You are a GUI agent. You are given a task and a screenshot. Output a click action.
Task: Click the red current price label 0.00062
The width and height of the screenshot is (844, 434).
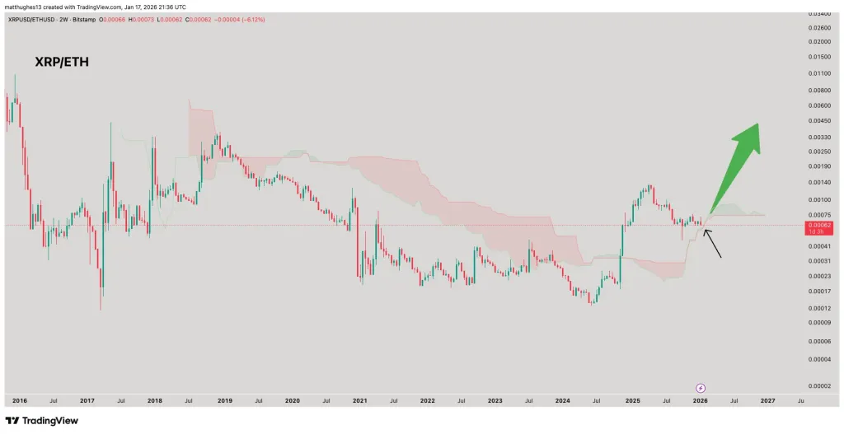click(820, 225)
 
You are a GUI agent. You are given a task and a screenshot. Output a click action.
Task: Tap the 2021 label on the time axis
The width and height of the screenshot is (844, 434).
click(359, 401)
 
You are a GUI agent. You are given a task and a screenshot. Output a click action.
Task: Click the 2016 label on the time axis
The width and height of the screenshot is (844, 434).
click(20, 401)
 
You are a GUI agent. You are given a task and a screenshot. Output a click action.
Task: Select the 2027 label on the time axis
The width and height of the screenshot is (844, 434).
click(767, 401)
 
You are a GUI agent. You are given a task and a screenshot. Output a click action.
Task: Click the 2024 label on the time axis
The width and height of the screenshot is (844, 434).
click(563, 401)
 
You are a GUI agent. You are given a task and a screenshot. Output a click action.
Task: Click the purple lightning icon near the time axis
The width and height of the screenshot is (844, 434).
click(701, 387)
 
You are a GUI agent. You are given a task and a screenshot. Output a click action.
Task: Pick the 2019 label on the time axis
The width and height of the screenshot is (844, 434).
click(224, 401)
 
